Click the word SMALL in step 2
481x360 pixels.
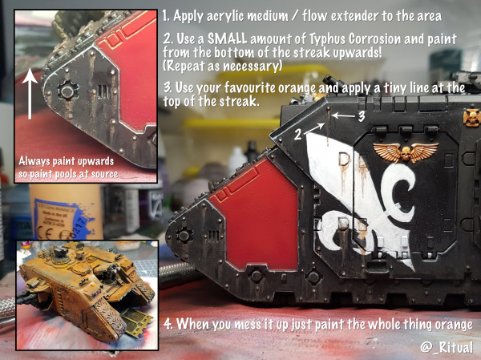pyautogui.click(x=227, y=39)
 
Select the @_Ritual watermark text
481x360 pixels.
pyautogui.click(x=447, y=347)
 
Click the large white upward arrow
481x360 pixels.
pyautogui.click(x=30, y=93)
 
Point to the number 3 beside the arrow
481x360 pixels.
pyautogui.click(x=362, y=116)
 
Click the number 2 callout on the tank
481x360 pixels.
pyautogui.click(x=297, y=135)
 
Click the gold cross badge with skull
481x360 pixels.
pyautogui.click(x=472, y=117)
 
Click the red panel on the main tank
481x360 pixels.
pyautogui.click(x=257, y=215)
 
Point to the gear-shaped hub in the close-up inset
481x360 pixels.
pyautogui.click(x=68, y=91)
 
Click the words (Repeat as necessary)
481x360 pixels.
pyautogui.click(x=223, y=66)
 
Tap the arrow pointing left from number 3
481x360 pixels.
pyautogui.click(x=343, y=116)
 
